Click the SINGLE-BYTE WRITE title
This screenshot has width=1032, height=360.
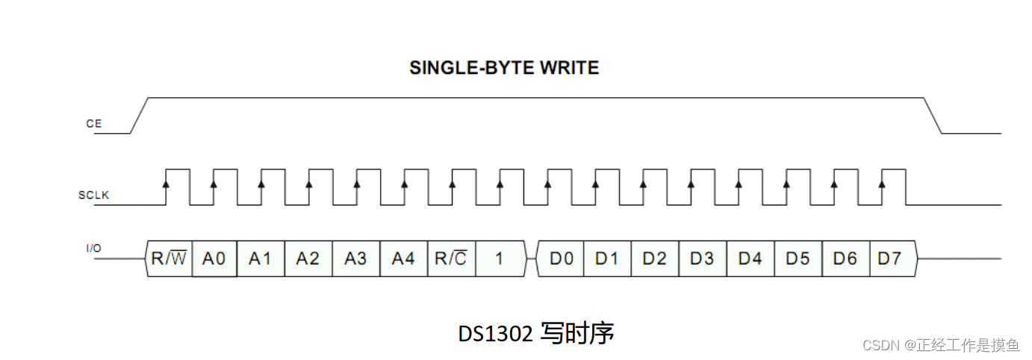(x=504, y=68)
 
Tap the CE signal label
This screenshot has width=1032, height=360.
(x=93, y=124)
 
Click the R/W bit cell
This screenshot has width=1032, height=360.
(x=168, y=258)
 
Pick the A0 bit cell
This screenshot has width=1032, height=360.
(x=214, y=258)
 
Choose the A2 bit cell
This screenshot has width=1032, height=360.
(x=308, y=258)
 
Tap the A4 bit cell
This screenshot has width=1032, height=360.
(x=403, y=258)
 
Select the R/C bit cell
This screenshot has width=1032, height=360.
(x=451, y=258)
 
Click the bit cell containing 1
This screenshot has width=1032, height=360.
(x=500, y=258)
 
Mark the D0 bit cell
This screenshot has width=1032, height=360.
(x=561, y=258)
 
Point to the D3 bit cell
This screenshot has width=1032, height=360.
(x=702, y=258)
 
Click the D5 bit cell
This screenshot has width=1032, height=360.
(x=798, y=258)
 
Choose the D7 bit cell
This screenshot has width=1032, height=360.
(x=889, y=258)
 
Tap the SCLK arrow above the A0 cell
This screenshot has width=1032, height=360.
(x=214, y=183)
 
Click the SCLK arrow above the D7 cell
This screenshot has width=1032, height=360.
(x=883, y=183)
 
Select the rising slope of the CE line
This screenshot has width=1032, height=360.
(x=140, y=115)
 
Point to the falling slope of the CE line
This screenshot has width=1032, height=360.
(x=933, y=115)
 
